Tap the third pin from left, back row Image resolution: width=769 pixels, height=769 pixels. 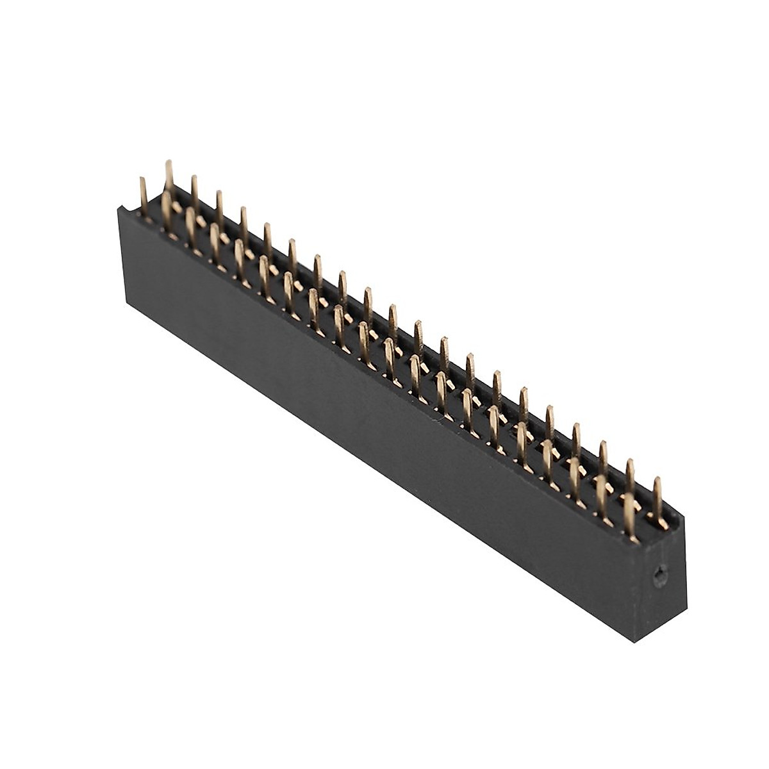pyautogui.click(x=219, y=205)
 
